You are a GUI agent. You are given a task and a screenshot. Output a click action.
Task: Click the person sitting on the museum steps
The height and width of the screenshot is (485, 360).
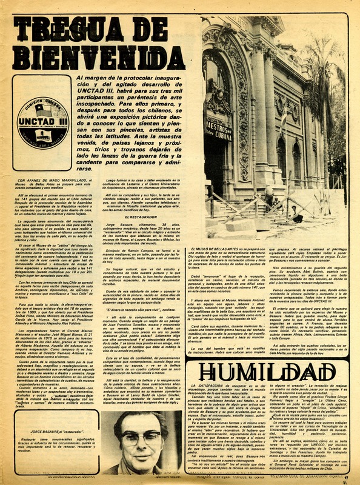[296, 212]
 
